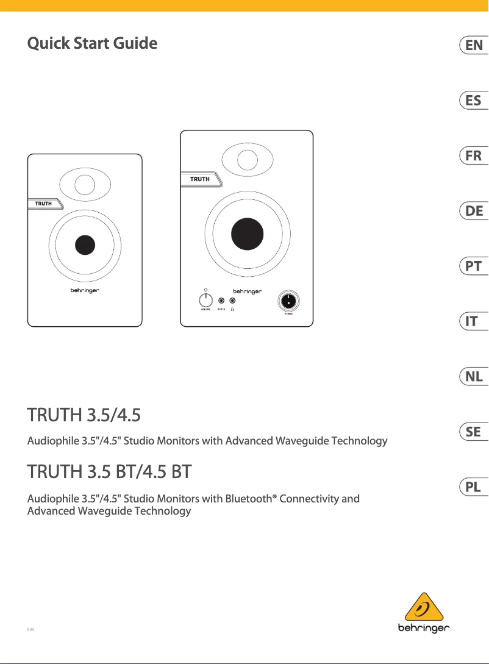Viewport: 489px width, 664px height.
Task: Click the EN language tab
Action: pos(474,45)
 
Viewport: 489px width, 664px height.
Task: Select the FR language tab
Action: pos(474,155)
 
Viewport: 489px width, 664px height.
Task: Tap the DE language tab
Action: pos(474,211)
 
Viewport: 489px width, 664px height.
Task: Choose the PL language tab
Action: pos(474,487)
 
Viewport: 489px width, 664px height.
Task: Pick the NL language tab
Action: pos(474,377)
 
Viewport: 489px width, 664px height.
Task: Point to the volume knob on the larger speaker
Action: pos(205,300)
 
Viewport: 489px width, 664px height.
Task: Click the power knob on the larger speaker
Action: pos(288,301)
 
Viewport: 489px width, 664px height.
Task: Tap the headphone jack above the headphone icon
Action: pos(232,301)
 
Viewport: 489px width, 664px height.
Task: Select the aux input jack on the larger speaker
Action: pos(221,301)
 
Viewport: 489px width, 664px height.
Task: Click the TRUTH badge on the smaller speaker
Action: pos(44,203)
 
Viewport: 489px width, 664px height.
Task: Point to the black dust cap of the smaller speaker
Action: pos(85,245)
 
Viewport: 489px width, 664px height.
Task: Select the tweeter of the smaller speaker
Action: pos(85,184)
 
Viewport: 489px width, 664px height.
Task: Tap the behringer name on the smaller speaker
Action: pos(84,291)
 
